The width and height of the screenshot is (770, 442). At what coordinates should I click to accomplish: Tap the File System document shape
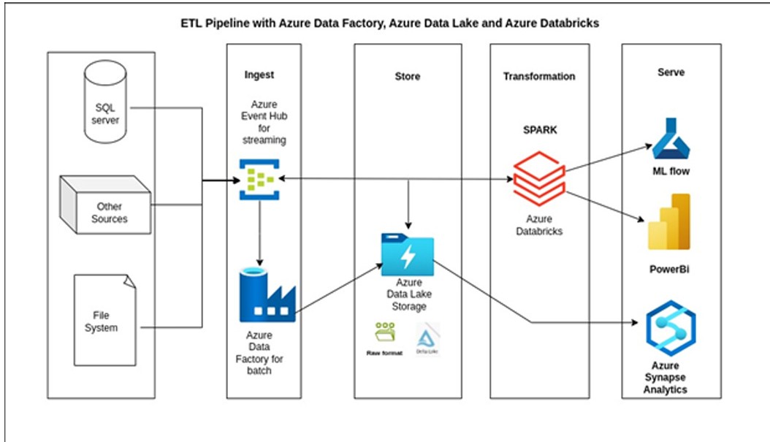[x=104, y=321]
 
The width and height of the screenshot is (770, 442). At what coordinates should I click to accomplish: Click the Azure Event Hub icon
[x=259, y=178]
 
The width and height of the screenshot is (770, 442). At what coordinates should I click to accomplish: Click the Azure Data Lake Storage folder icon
[x=407, y=254]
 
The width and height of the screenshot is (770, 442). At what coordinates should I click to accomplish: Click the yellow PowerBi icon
[x=669, y=222]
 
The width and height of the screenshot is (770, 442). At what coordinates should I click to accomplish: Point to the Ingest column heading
[x=259, y=75]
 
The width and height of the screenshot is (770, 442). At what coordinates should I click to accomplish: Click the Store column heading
[x=407, y=76]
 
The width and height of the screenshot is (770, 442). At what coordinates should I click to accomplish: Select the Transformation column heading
[x=538, y=76]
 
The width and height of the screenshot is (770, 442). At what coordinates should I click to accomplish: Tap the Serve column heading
[x=671, y=72]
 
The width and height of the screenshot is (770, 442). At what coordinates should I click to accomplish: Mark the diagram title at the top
[x=389, y=23]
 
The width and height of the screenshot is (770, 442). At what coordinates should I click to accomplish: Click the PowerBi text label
[x=669, y=269]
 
